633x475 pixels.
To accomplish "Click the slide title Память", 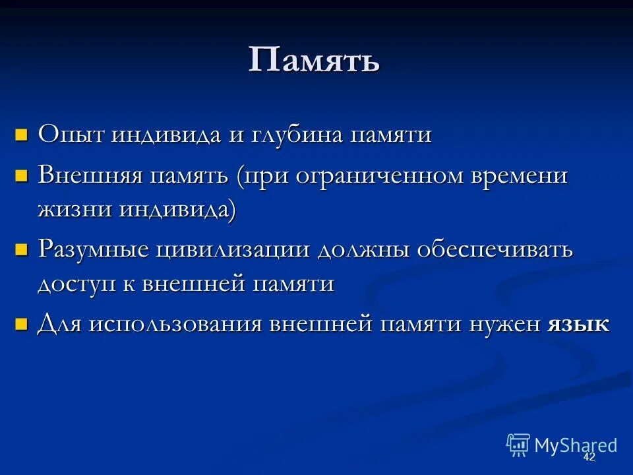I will (314, 61).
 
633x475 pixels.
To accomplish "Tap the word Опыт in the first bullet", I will (71, 135).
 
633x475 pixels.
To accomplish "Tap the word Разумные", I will (94, 250).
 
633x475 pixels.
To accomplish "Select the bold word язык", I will (578, 325).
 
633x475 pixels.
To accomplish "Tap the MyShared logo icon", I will (518, 445).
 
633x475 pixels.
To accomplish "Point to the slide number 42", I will (589, 457).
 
